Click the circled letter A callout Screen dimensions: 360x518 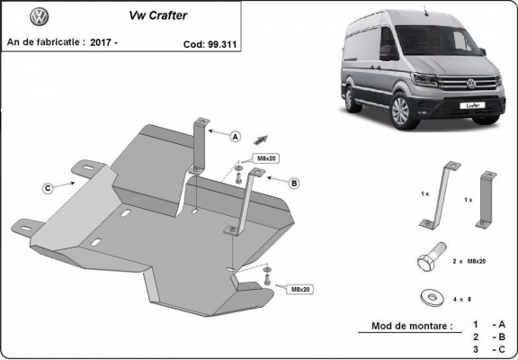pos(236,137)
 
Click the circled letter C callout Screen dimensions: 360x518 pos(47,188)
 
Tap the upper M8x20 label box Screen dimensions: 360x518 pos(268,158)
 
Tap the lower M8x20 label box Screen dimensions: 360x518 pos(300,290)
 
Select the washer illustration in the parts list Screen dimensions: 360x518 pos(429,295)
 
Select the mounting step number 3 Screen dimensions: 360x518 pos(474,348)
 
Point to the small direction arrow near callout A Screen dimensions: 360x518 pos(262,138)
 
